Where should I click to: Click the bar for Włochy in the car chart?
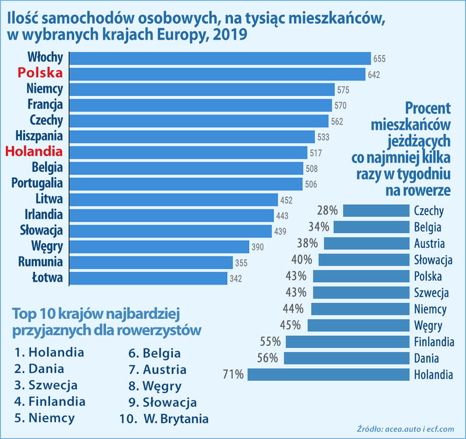click(x=220, y=58)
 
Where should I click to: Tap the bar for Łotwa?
click(x=148, y=278)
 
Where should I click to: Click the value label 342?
click(x=236, y=279)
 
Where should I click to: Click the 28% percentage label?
click(x=327, y=210)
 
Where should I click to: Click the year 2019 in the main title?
click(x=228, y=35)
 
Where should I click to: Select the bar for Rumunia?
click(x=151, y=262)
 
